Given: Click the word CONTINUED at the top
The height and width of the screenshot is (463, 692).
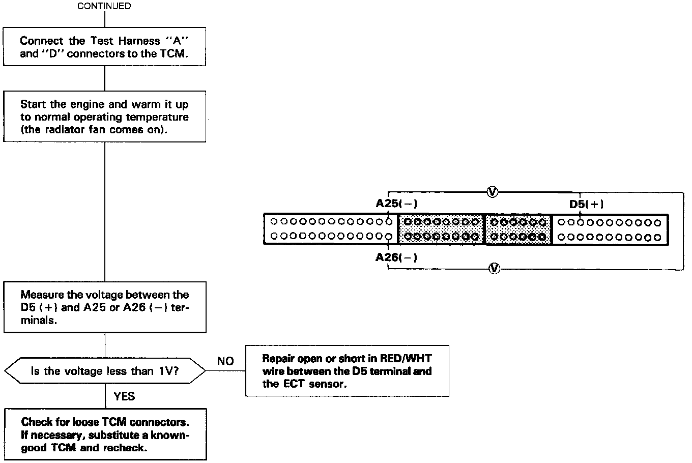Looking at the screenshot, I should pos(104,6).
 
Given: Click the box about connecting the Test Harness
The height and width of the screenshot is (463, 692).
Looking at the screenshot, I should pos(104,47).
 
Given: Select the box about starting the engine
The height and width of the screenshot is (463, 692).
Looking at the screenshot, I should pos(104,117).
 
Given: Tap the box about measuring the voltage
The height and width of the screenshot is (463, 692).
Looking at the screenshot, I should pos(104,307).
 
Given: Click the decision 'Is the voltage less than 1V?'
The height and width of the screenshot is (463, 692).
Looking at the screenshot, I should pos(104,371).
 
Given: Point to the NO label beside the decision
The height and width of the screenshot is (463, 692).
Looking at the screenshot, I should pos(225,361).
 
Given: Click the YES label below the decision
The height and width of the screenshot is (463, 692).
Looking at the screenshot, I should pos(125,396).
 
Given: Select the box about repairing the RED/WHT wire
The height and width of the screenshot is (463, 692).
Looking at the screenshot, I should pos(347,371).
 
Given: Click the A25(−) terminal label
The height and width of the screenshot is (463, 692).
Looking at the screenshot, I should pos(396,204).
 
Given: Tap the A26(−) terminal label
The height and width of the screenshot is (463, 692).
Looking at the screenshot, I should pos(396,257).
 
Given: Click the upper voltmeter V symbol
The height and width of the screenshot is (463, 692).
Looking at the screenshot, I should pos(492,191).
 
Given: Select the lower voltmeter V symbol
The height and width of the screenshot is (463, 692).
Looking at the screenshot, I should pos(492,268).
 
